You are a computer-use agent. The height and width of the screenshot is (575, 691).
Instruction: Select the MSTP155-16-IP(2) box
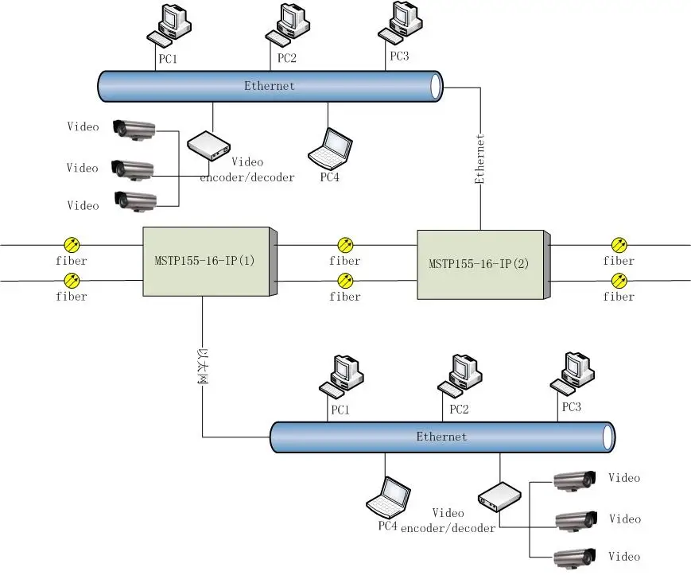[482, 263]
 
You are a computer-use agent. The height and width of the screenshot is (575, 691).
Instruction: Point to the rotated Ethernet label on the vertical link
[480, 159]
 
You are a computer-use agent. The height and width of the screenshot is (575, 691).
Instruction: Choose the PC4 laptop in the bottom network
[388, 497]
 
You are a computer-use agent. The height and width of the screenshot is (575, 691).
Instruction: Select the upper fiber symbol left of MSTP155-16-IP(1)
[72, 244]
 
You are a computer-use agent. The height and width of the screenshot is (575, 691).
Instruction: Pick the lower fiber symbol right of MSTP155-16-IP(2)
[619, 280]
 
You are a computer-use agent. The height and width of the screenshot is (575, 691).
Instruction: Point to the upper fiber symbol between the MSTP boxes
[345, 244]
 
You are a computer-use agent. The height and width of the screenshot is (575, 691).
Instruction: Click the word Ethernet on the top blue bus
[269, 86]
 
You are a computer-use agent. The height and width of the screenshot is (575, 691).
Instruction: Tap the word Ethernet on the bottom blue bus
[441, 437]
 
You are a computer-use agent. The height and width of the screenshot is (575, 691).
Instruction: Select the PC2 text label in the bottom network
[459, 410]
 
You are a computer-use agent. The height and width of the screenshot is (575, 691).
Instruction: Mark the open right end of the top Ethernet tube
[435, 85]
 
